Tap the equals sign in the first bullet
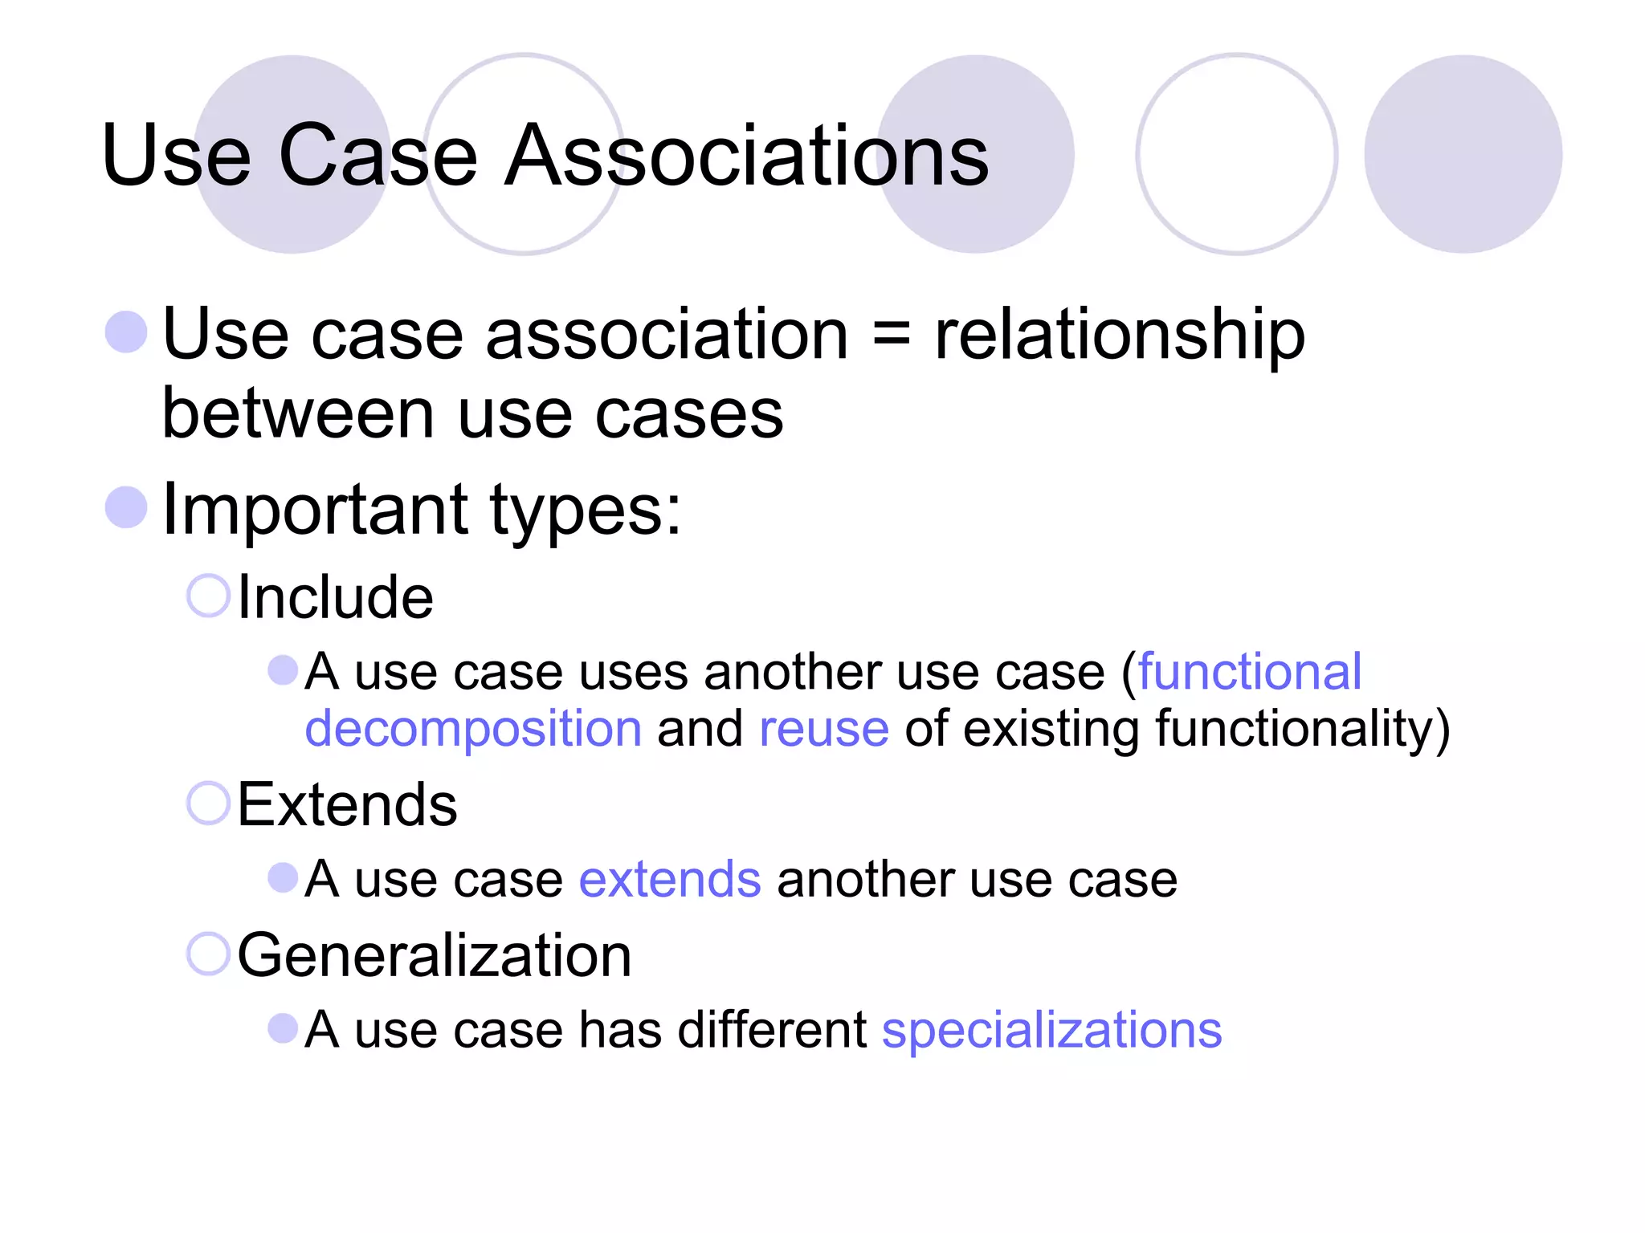(x=891, y=335)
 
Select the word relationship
(x=1120, y=335)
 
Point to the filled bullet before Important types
(x=126, y=508)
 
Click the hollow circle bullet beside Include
(x=208, y=596)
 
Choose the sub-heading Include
(x=335, y=597)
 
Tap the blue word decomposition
(x=473, y=729)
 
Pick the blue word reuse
(x=823, y=729)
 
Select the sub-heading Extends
(x=347, y=804)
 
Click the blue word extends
(x=669, y=879)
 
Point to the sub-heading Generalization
(x=435, y=955)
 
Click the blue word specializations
(x=1051, y=1030)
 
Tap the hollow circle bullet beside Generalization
(x=208, y=954)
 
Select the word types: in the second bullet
(x=585, y=511)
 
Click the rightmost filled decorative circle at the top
(x=1463, y=154)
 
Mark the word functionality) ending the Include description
(x=1302, y=729)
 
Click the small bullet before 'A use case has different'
(x=283, y=1028)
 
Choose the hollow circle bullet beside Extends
(x=208, y=803)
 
